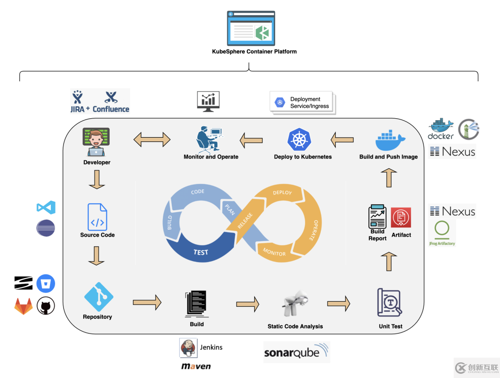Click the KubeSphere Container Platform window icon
click(x=251, y=29)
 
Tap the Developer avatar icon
click(x=96, y=142)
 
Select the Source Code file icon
click(x=97, y=217)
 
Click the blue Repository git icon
click(x=99, y=297)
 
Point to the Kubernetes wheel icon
click(x=299, y=140)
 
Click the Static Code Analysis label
click(x=295, y=326)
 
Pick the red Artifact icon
click(x=401, y=218)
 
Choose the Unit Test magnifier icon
click(x=390, y=303)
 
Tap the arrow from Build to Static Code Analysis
click(x=248, y=304)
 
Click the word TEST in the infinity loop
click(x=200, y=252)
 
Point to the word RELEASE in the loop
click(x=245, y=221)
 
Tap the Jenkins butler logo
click(x=188, y=348)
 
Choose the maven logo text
click(x=196, y=366)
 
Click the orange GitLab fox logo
click(x=23, y=306)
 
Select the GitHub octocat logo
click(x=46, y=306)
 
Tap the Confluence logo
click(x=111, y=102)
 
